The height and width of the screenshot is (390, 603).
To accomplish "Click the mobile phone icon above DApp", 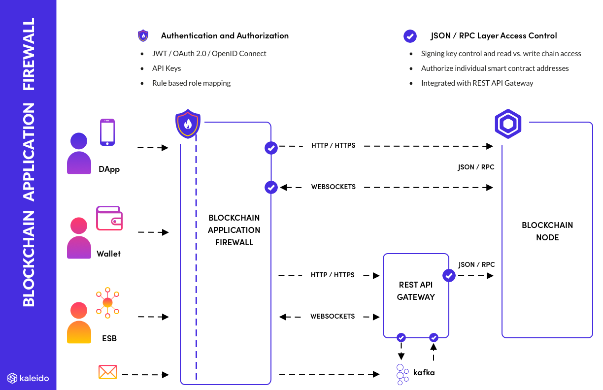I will point(107,132).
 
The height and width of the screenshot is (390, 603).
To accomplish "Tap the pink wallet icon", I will point(109,218).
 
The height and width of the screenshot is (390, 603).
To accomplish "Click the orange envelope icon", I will point(107,372).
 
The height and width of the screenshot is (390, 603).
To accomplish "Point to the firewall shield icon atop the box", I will point(188,125).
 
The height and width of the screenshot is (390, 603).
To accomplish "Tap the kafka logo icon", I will point(402,374).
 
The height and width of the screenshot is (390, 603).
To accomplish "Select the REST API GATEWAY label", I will point(416,291).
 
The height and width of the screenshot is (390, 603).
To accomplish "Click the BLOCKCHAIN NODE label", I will point(547,231).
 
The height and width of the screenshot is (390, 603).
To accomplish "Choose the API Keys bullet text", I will point(167,68).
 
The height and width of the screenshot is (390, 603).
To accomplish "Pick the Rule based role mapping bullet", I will point(191,83).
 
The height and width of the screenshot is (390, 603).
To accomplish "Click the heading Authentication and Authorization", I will point(225,35).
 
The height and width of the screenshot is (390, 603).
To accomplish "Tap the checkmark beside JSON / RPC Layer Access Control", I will point(410,36).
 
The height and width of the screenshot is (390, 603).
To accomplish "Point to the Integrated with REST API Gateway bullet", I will point(477,83).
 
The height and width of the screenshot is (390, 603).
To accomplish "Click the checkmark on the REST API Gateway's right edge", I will point(449,276).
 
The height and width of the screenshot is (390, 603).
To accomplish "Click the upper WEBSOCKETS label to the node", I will point(333,187).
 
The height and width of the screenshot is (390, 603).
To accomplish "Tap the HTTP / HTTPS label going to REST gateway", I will point(333,275).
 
